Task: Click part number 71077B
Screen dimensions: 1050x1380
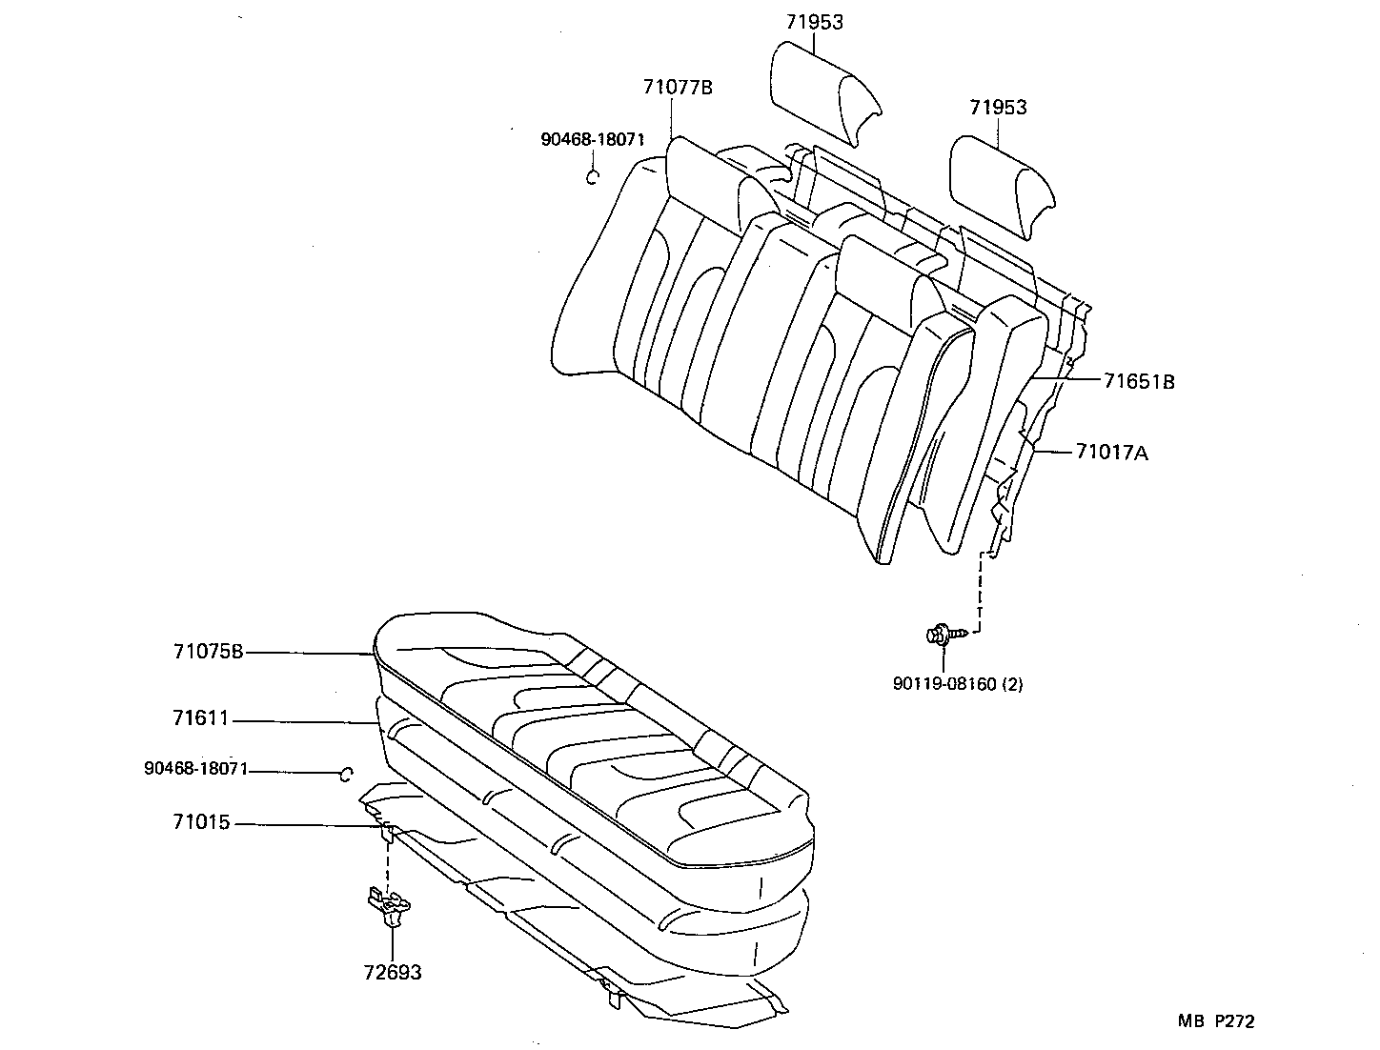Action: [677, 88]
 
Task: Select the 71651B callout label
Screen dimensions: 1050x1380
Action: [1139, 381]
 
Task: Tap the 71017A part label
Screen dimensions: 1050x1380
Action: [1112, 453]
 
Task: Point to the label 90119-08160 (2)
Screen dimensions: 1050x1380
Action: [957, 683]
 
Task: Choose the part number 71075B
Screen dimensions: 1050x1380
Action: [209, 652]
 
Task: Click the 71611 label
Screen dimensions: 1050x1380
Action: [201, 718]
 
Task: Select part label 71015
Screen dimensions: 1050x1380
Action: [201, 822]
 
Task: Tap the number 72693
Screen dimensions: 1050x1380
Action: [392, 973]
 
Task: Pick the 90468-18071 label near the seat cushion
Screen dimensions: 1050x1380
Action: [195, 768]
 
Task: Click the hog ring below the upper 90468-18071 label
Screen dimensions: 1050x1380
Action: [592, 176]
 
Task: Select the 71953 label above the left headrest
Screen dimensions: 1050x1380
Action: [814, 22]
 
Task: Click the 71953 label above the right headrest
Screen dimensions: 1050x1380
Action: [998, 107]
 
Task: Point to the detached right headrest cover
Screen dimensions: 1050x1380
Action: [1001, 186]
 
